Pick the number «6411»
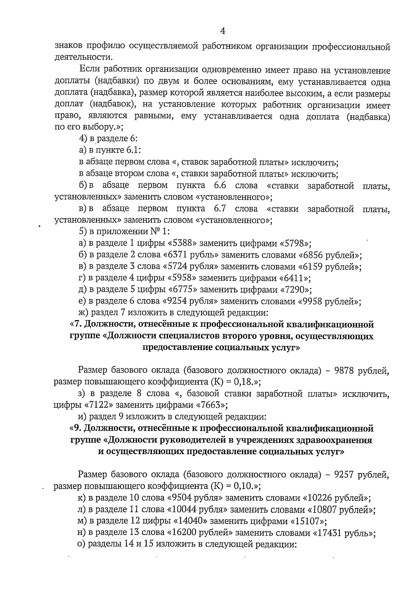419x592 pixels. point(293,278)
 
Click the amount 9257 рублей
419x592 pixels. point(360,474)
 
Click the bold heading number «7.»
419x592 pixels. point(77,325)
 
